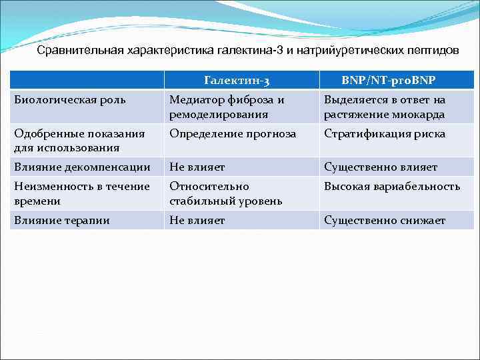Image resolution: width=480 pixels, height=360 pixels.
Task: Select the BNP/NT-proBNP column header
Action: (x=389, y=81)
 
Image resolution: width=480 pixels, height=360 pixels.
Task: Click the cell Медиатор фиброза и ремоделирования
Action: (x=227, y=107)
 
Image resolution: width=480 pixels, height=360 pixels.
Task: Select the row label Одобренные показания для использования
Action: (x=79, y=141)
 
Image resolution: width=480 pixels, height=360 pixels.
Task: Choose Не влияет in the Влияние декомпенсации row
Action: (x=197, y=167)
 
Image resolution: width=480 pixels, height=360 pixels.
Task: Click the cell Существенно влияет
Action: (x=381, y=167)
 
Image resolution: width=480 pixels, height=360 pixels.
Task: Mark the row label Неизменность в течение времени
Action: (x=82, y=193)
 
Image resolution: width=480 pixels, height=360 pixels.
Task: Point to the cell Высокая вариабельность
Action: (x=391, y=187)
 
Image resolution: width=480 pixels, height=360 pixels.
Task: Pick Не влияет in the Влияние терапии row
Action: (x=197, y=220)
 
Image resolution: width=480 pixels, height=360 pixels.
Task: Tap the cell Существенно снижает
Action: (x=385, y=220)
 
